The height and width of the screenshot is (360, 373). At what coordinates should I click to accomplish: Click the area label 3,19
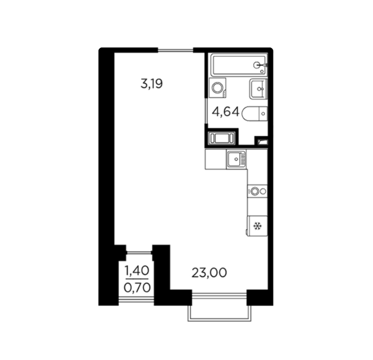[152, 84]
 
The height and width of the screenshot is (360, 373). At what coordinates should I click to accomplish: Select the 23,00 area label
[209, 273]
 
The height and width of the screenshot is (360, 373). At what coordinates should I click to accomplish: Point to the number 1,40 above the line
[137, 271]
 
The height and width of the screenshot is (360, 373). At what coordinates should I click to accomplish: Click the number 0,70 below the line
[137, 287]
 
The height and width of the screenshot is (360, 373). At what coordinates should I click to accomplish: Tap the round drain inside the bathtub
[257, 65]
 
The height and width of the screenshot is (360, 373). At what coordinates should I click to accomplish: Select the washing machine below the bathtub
[218, 88]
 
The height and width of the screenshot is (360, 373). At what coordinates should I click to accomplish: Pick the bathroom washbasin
[258, 89]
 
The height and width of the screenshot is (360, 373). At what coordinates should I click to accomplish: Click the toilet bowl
[250, 114]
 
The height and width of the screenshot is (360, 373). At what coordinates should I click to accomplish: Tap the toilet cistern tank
[263, 114]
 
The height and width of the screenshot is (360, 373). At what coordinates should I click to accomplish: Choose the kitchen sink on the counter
[236, 159]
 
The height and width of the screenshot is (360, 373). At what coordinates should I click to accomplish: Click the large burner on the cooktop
[255, 191]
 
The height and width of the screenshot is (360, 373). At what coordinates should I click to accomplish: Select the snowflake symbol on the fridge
[257, 226]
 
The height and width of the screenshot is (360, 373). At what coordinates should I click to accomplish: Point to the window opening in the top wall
[175, 50]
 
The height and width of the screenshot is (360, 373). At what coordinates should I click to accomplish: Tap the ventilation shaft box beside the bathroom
[221, 138]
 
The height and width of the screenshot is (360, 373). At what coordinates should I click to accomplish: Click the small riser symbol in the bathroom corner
[262, 142]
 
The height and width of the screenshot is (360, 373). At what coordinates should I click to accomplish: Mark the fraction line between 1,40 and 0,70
[137, 279]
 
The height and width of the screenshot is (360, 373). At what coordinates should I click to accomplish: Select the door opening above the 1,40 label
[139, 253]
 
